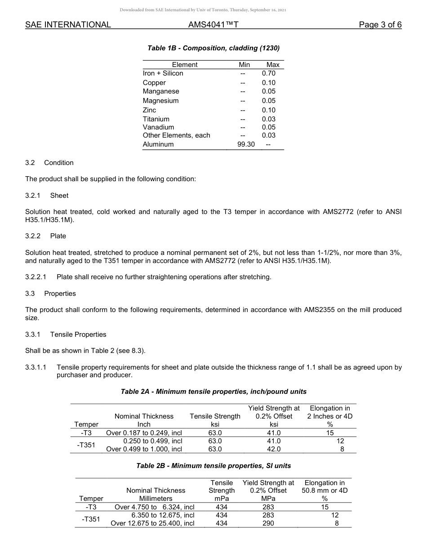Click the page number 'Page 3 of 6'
[x=380, y=25]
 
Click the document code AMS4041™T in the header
[x=213, y=25]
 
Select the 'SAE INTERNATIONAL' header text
[x=68, y=25]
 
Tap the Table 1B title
[x=213, y=48]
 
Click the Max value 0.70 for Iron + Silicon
[x=269, y=73]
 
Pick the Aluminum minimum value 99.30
[x=246, y=144]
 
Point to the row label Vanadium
[x=158, y=127]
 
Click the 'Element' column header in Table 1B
[x=185, y=65]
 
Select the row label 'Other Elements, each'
[x=176, y=135]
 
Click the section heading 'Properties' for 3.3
[x=60, y=294]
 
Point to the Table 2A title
[x=213, y=392]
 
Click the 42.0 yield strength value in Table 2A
[x=273, y=449]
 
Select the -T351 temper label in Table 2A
[x=86, y=445]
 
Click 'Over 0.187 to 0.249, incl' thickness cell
[x=144, y=433]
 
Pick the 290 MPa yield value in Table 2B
[x=268, y=523]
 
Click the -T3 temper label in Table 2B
[x=91, y=507]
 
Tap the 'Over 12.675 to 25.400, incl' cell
[x=152, y=523]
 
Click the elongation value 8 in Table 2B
[x=337, y=523]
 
